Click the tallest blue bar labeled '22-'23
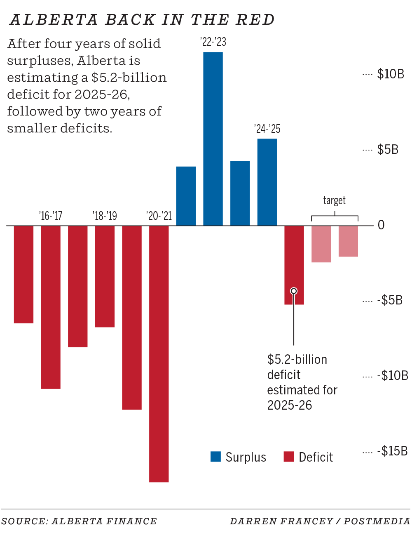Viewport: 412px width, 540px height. click(x=213, y=139)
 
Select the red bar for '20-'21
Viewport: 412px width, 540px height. click(x=159, y=354)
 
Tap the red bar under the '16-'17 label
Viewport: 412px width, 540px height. click(x=51, y=307)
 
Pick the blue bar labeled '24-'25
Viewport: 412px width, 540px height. click(x=267, y=182)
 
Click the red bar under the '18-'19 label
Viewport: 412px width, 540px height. click(x=105, y=276)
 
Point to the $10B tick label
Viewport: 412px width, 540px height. click(x=391, y=74)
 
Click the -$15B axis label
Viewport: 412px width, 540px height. click(x=392, y=451)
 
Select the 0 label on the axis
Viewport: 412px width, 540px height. click(x=381, y=225)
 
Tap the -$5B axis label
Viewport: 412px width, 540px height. click(x=390, y=300)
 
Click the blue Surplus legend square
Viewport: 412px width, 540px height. click(x=215, y=457)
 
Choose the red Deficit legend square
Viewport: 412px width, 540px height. click(x=289, y=457)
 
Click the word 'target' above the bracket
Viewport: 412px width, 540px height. click(x=334, y=200)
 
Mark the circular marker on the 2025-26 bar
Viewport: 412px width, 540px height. click(x=294, y=291)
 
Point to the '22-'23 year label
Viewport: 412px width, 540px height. click(x=213, y=42)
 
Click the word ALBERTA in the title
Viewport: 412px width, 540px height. click(x=54, y=20)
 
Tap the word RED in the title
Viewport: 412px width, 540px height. click(x=255, y=20)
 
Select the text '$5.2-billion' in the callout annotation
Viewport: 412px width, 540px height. click(x=297, y=359)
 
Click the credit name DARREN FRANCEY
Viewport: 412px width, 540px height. click(x=281, y=521)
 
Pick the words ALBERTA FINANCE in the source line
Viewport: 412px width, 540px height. click(x=104, y=521)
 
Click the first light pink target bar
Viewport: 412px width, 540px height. click(x=321, y=244)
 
